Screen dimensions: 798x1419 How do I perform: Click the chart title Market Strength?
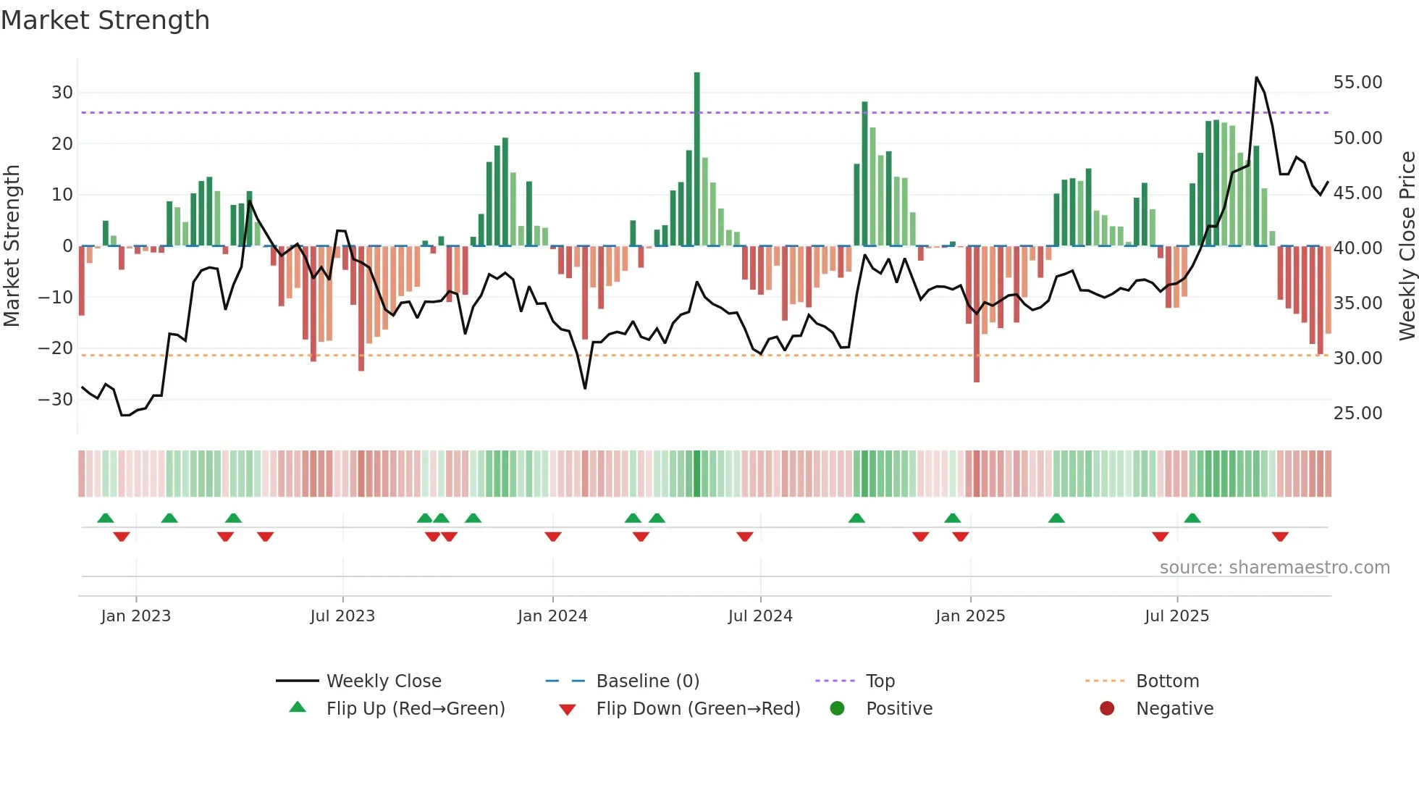[105, 20]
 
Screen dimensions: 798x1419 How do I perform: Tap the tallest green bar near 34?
[696, 159]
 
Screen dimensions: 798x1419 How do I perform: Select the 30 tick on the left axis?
[62, 93]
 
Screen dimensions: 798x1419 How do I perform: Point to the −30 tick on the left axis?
[56, 399]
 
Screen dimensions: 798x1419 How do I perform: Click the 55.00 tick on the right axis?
[1357, 83]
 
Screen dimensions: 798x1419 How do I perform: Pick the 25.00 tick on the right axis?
[1357, 413]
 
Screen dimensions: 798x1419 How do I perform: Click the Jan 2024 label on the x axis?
[552, 616]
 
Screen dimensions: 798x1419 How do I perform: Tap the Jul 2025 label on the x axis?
[1176, 616]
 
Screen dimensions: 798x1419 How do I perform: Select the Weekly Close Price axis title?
[1407, 246]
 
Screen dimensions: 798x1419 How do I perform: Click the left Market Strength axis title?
[12, 246]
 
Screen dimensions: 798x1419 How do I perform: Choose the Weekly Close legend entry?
[383, 681]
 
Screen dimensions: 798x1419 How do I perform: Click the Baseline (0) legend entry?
[647, 681]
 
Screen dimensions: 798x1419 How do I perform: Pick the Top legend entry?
[880, 681]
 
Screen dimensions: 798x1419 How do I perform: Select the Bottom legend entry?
[1167, 681]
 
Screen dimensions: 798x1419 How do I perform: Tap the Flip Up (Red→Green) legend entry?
[415, 709]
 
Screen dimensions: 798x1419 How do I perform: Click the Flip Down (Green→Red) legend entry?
[698, 709]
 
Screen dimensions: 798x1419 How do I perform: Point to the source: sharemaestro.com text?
[1274, 568]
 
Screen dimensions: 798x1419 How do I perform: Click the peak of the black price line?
[1256, 77]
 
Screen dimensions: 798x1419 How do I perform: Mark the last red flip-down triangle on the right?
[1280, 537]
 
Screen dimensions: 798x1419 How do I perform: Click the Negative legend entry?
[1174, 709]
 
